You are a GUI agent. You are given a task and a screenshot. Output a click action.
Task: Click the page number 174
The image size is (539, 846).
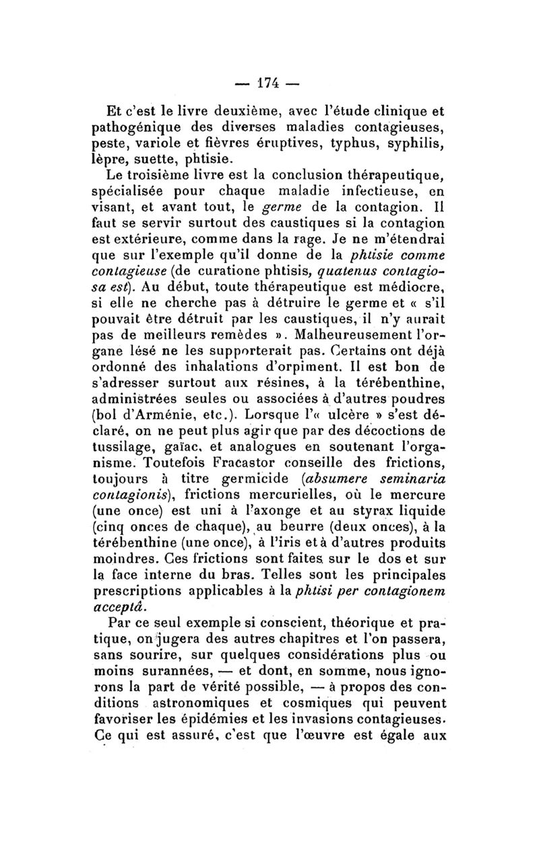click(x=269, y=87)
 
